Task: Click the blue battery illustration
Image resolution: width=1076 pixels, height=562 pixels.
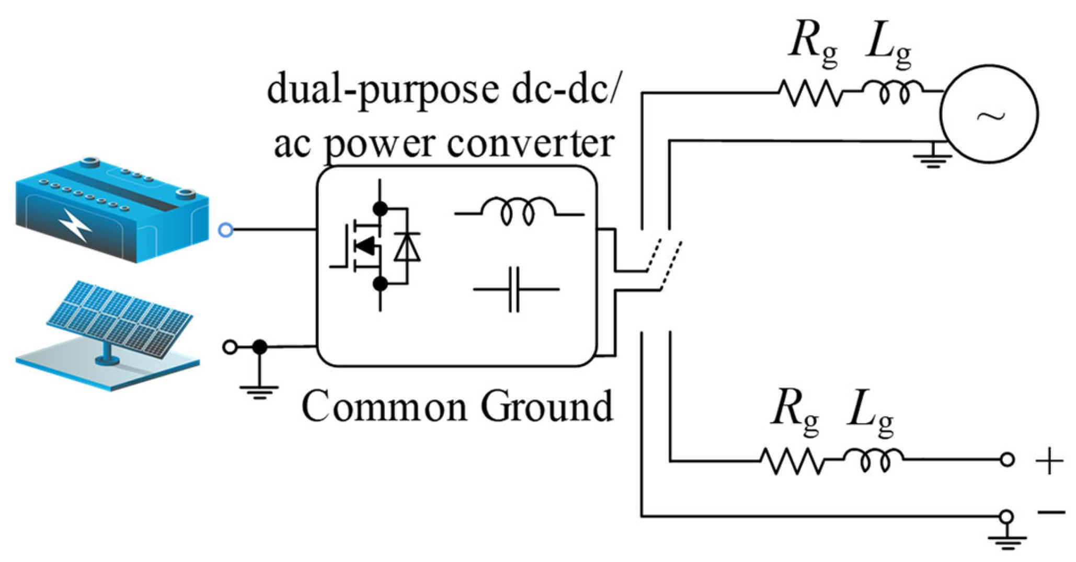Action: click(x=112, y=209)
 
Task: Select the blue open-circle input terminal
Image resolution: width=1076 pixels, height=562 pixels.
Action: click(x=225, y=230)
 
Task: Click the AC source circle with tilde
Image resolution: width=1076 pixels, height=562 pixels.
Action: click(x=989, y=114)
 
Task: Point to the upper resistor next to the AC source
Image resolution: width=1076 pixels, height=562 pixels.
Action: click(x=810, y=92)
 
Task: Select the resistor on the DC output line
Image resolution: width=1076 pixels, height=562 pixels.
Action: click(x=792, y=461)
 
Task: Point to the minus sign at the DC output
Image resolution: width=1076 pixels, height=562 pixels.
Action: click(x=1051, y=512)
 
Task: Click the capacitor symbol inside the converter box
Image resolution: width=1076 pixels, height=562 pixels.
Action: click(x=515, y=289)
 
